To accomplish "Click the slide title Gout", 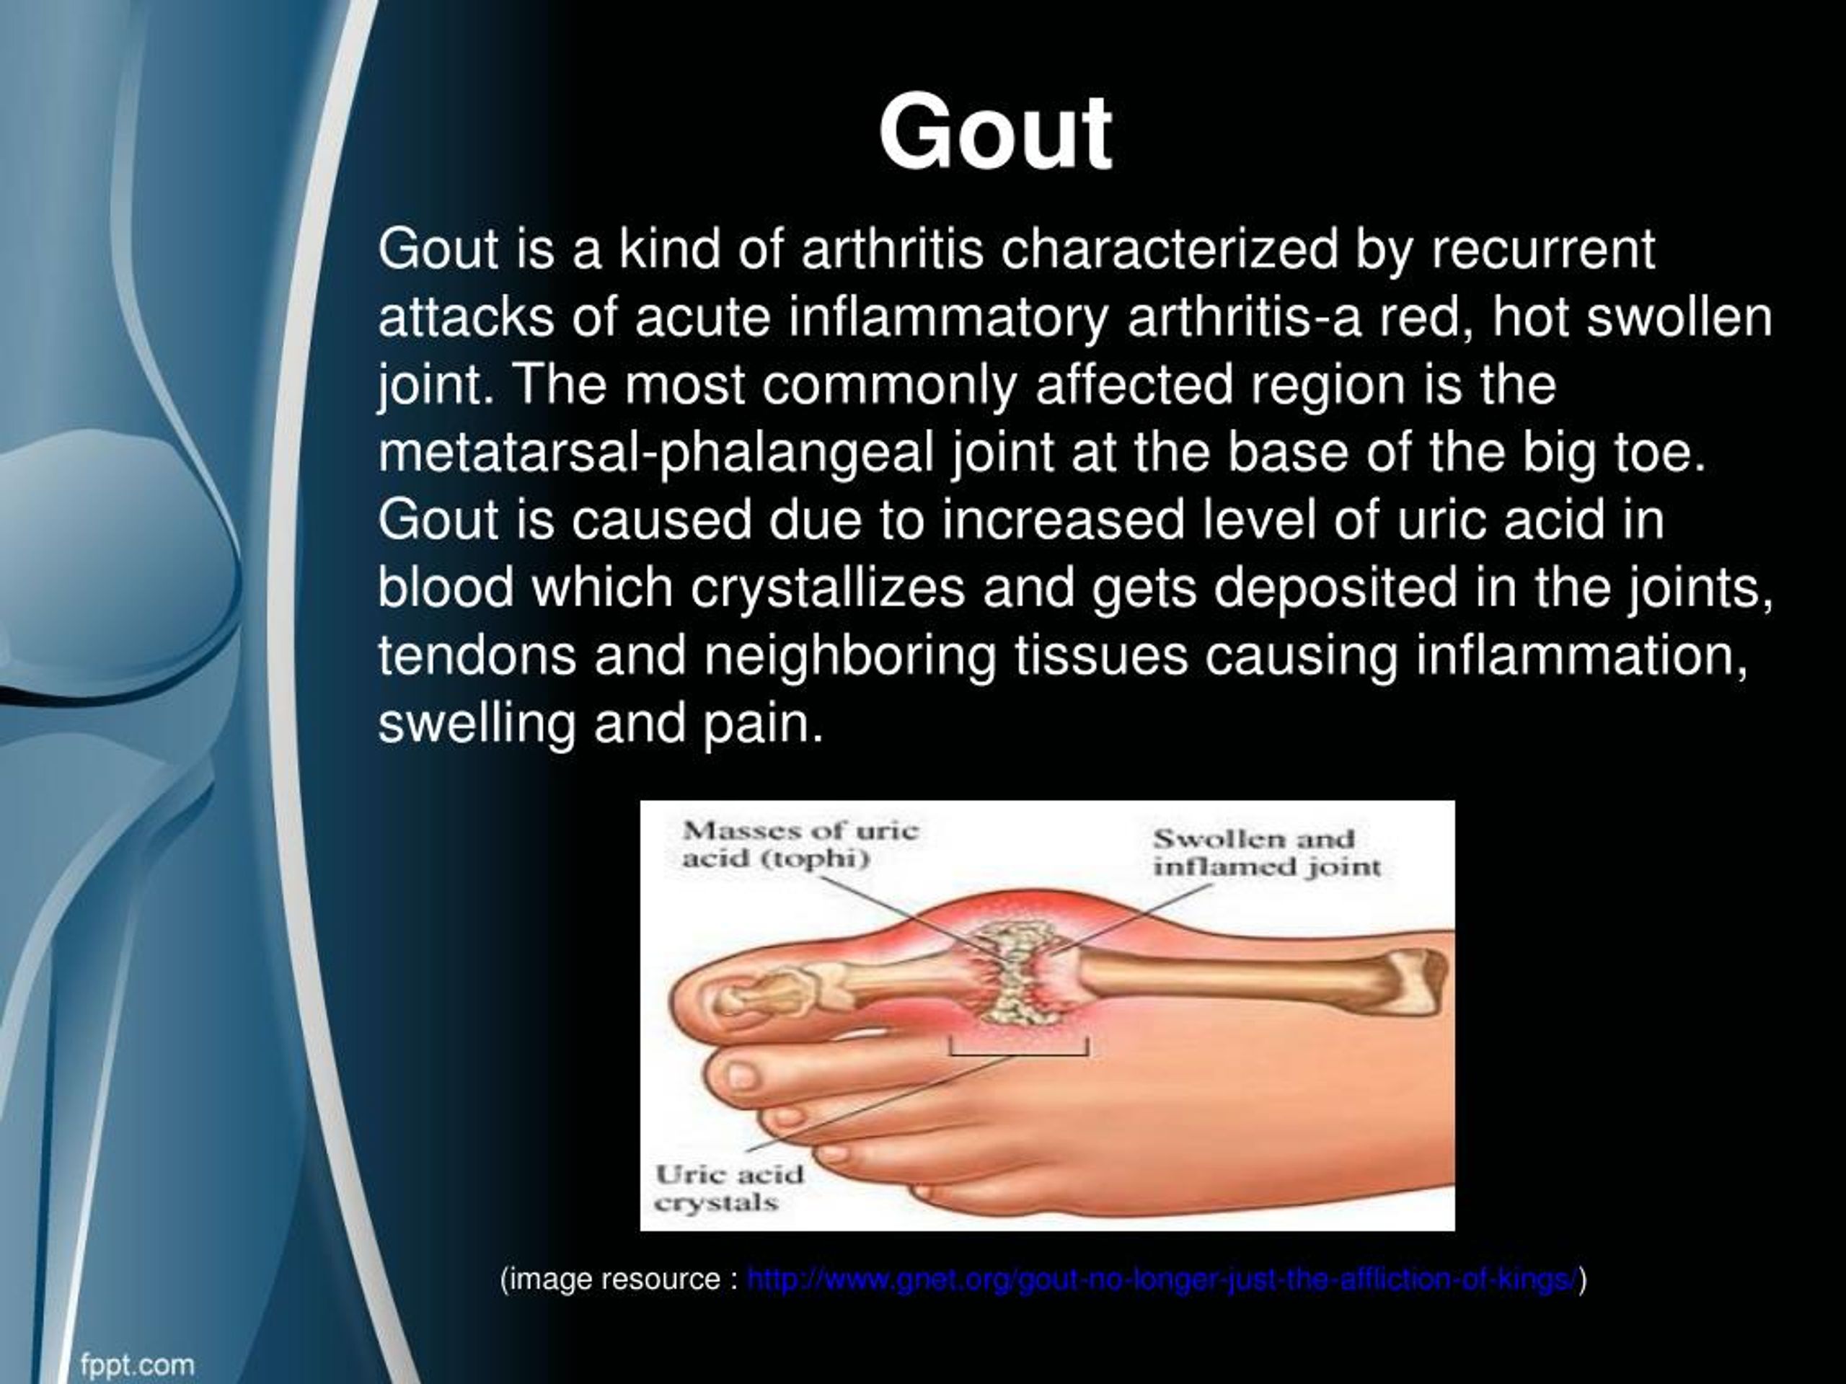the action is (995, 133).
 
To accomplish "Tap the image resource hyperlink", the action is (1162, 1279).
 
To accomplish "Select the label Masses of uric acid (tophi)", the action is (800, 844).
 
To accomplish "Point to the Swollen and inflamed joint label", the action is (1267, 853).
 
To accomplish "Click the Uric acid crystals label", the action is (728, 1189).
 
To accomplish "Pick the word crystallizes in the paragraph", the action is (827, 588).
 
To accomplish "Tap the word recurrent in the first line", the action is (1543, 249).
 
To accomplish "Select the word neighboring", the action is (850, 657).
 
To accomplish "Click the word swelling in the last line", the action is (477, 723).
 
